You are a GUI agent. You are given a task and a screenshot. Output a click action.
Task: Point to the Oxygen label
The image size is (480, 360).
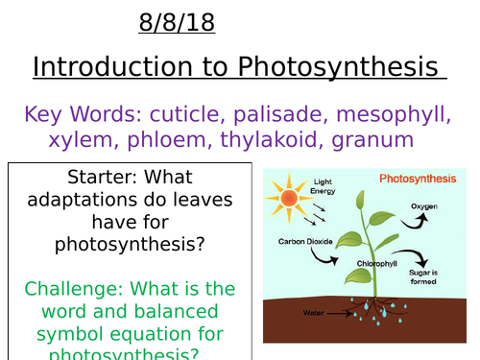[424, 205]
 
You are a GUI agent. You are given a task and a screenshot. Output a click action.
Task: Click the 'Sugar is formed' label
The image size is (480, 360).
[450, 276]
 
